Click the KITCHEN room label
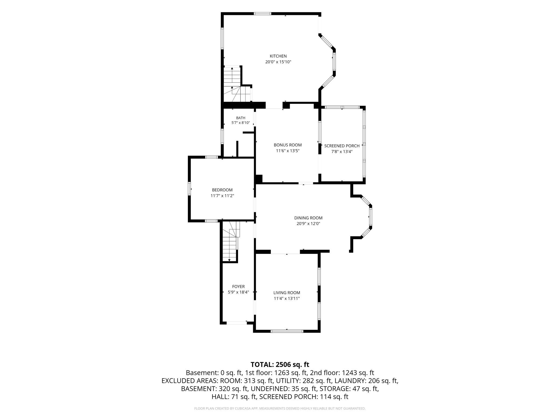[x=278, y=56]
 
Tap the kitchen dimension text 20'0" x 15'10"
[x=278, y=62]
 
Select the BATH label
[x=241, y=118]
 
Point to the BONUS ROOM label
[x=288, y=145]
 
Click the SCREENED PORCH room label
[x=342, y=146]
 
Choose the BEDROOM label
[x=222, y=190]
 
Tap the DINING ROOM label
[x=308, y=218]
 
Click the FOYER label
[x=238, y=287]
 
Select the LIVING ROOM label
[x=286, y=293]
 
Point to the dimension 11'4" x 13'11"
[x=286, y=298]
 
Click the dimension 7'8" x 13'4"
[x=342, y=152]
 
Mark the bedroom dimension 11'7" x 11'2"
[x=222, y=196]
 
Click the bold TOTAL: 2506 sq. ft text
[x=280, y=365]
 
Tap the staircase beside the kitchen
[x=236, y=84]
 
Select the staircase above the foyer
[x=230, y=241]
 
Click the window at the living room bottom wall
[x=287, y=331]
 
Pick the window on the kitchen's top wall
[x=262, y=13]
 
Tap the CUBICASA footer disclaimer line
[x=280, y=408]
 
